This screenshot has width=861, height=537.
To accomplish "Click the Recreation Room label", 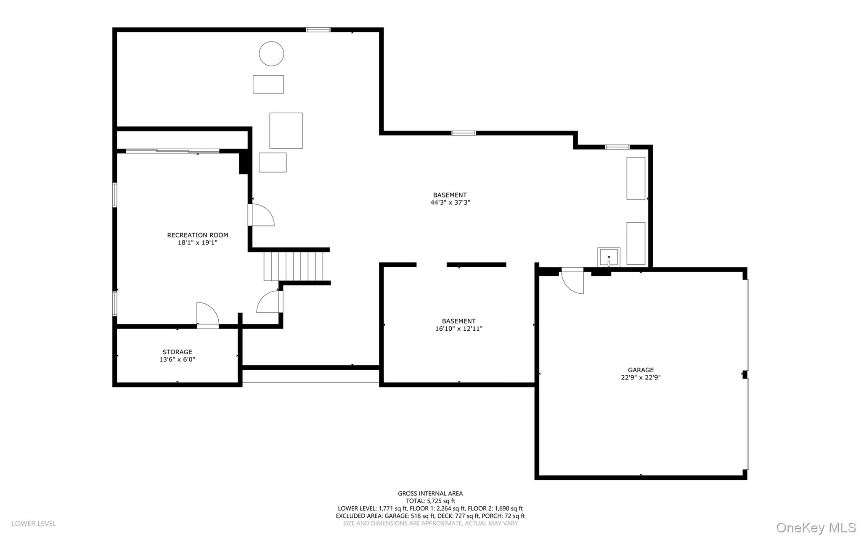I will (x=197, y=235).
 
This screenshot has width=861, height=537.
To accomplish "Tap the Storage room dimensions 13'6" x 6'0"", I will (x=177, y=360).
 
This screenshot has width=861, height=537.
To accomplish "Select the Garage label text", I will (x=641, y=370).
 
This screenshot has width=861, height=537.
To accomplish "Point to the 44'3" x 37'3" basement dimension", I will (x=450, y=203).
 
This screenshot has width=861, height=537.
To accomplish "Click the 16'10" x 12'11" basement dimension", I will (x=458, y=329).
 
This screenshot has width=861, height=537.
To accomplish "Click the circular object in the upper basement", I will (x=271, y=54).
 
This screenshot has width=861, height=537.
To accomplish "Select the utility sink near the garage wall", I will (x=609, y=257).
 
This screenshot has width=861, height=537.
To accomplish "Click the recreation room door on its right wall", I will (x=261, y=215).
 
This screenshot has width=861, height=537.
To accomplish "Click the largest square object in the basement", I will (x=286, y=131).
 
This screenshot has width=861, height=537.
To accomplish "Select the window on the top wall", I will (x=318, y=30).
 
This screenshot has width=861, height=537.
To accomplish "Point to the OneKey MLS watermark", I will (x=816, y=527).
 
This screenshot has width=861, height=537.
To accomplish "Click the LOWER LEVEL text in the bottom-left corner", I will (x=34, y=524).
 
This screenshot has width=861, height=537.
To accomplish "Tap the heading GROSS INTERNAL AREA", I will (x=430, y=493).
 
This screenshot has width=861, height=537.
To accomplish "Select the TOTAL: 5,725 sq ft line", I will (x=430, y=501).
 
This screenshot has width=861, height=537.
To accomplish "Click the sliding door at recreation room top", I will (x=172, y=151).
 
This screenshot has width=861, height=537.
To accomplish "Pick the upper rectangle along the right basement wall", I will (x=636, y=178).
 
